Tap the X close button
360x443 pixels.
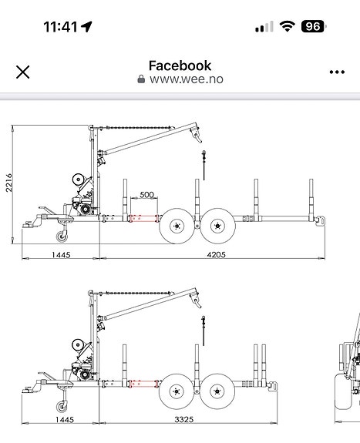[22, 72]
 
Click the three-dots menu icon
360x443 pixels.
[337, 72]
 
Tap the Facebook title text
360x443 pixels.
[180, 65]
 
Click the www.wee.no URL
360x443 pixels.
[187, 79]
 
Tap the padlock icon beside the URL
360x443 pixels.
[141, 79]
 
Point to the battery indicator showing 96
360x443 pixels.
[314, 26]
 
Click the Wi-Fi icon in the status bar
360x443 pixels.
[288, 26]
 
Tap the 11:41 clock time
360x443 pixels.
[60, 27]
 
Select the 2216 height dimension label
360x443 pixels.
[9, 183]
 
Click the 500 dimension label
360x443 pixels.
[146, 194]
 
